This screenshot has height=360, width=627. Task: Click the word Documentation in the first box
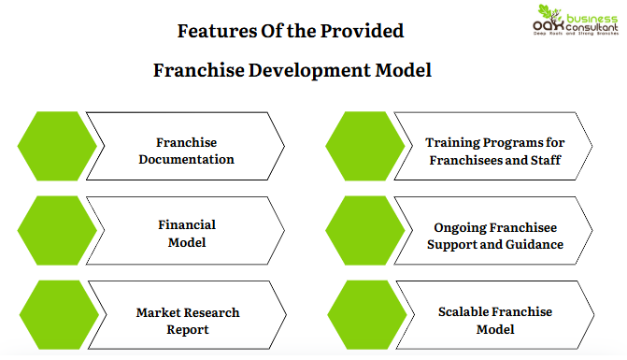(x=186, y=159)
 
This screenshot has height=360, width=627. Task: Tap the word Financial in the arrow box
(x=187, y=224)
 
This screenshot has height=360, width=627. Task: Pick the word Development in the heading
(x=306, y=70)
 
